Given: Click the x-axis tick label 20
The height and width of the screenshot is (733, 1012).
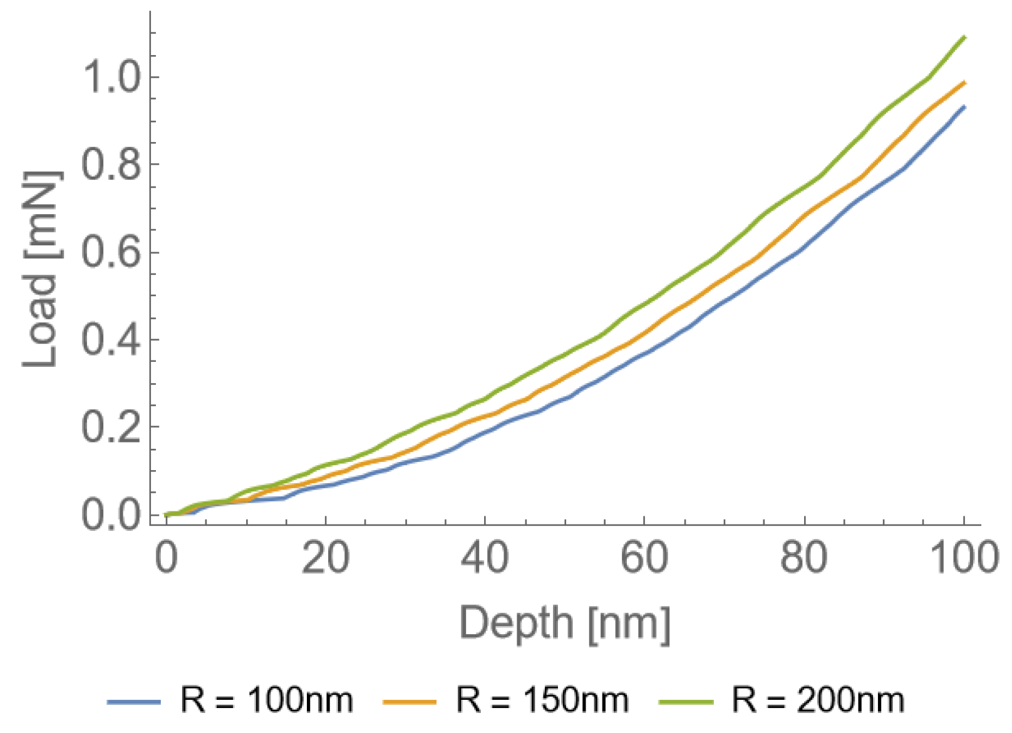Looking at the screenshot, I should [x=325, y=558].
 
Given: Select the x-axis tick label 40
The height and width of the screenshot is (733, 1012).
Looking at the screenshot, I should [x=485, y=558].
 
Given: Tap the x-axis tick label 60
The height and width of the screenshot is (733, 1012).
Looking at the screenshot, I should [x=644, y=558].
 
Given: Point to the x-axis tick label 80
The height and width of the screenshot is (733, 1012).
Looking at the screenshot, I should [x=803, y=558].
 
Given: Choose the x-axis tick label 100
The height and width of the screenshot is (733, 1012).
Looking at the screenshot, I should [x=963, y=558].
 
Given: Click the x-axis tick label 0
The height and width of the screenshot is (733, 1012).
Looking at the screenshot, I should [x=166, y=558].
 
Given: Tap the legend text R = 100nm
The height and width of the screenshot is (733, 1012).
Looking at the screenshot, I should [x=267, y=700].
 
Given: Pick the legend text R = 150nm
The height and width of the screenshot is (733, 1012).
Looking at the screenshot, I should [x=542, y=700].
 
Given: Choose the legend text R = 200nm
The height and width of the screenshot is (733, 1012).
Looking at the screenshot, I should [x=818, y=700].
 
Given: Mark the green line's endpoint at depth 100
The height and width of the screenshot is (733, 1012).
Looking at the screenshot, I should [x=964, y=37].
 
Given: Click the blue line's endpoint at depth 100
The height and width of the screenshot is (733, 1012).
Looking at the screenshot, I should [x=964, y=106].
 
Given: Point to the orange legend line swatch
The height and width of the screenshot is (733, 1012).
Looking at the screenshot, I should [x=409, y=702].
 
